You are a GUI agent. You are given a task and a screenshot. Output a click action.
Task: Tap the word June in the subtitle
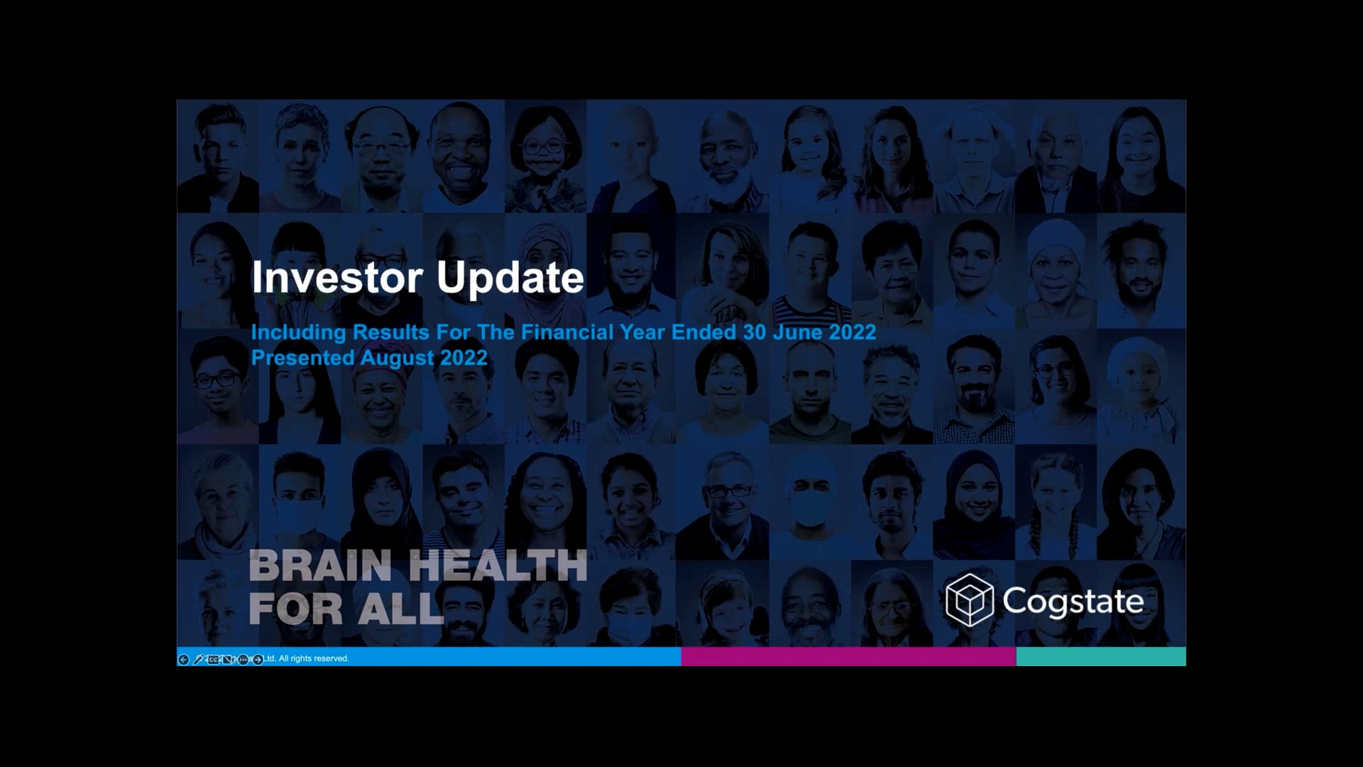coord(797,332)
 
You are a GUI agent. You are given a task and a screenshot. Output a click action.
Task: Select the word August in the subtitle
coord(397,358)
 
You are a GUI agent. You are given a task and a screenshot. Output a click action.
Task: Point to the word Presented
coord(302,357)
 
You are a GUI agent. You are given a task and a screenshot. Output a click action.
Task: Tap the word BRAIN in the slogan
coord(320,566)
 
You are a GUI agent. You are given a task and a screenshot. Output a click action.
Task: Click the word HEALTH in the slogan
coord(498,566)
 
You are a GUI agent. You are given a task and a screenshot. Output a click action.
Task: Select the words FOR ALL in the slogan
coord(346,609)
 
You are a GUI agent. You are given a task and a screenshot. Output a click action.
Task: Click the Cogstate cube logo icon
coord(969,600)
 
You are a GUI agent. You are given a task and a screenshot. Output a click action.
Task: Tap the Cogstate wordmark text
coord(1073,602)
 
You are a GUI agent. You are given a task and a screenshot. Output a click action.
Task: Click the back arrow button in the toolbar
coord(183,660)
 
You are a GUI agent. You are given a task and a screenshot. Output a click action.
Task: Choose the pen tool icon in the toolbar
coord(198,660)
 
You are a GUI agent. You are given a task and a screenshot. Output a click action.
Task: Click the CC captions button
coord(213,660)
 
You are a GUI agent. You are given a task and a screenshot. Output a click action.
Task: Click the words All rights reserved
coord(313,658)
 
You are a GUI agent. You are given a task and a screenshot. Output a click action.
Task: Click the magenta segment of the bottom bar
coord(848,656)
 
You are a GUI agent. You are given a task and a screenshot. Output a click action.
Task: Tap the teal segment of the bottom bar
coord(1100,656)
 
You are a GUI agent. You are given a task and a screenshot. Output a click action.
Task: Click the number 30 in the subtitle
coord(754,332)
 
